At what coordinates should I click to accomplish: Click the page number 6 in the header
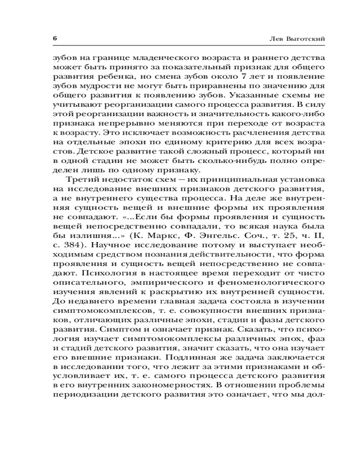point(54,39)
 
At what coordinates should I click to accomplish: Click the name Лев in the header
point(274,39)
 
